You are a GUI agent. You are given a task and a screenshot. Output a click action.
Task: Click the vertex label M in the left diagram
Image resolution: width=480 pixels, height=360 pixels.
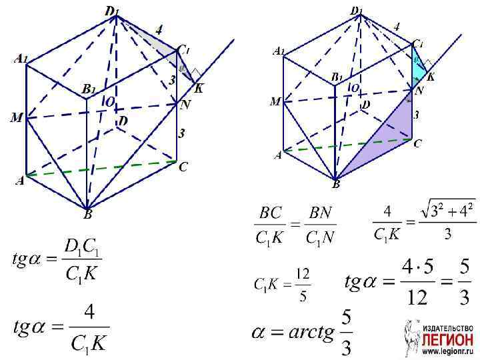pos(16,118)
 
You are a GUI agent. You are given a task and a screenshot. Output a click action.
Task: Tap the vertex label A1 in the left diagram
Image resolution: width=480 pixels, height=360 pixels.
pos(21,59)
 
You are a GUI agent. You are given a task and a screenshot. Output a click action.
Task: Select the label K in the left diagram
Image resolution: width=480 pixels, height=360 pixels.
pos(199,87)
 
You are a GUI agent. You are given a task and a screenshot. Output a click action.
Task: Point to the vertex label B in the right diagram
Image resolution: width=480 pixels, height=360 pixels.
pos(335,185)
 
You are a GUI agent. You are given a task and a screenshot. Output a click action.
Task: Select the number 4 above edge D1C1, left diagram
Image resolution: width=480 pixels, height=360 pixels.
pos(158,29)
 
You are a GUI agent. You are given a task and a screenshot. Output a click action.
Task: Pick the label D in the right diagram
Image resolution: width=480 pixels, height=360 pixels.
pos(365,105)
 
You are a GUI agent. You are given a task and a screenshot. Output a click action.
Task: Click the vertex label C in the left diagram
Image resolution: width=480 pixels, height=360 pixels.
pos(183,168)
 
